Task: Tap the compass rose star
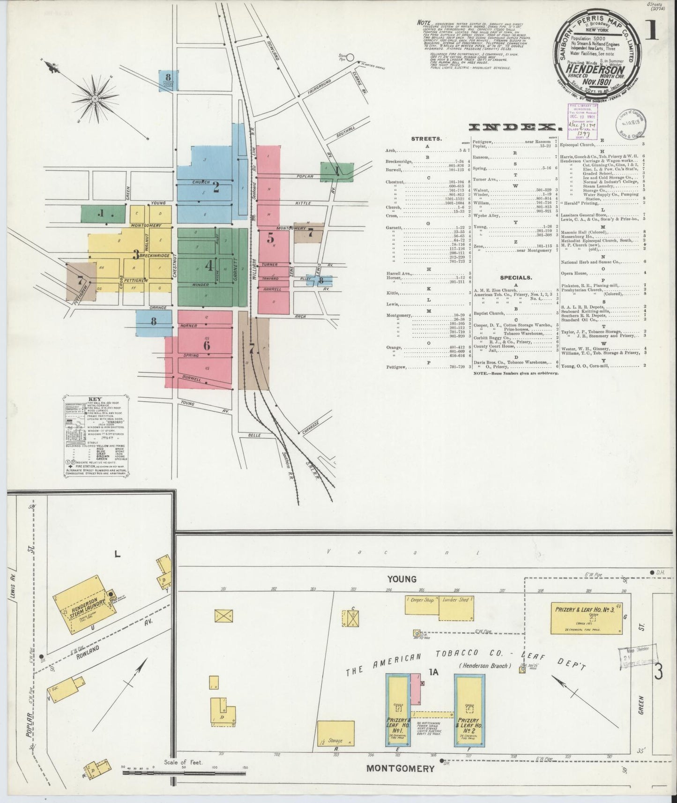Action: pyautogui.click(x=95, y=99)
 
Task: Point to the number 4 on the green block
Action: pyautogui.click(x=208, y=266)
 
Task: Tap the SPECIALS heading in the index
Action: pyautogui.click(x=515, y=277)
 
